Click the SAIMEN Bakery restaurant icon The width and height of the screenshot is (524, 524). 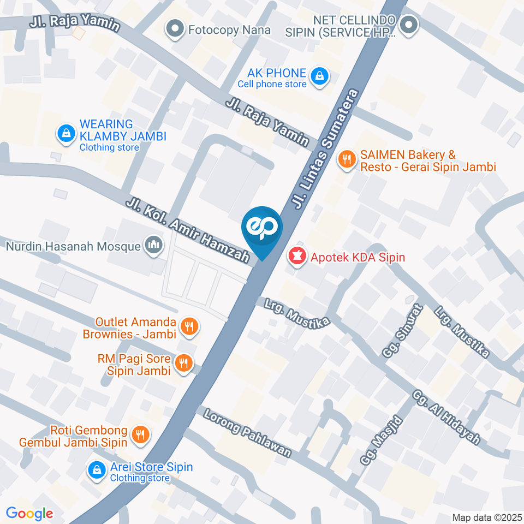coord(346,159)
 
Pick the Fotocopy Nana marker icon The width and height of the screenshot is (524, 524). coord(175,29)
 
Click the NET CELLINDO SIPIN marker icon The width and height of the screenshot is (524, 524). coord(408,25)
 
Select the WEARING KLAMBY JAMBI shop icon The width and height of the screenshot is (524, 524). coord(66,133)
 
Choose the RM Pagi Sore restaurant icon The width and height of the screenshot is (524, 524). coord(183,363)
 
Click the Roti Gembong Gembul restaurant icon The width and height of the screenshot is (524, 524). coord(141,434)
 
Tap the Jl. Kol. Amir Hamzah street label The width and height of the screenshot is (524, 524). coord(188,230)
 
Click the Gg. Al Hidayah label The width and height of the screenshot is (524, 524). coord(446,417)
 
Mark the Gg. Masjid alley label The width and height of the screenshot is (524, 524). coord(381,441)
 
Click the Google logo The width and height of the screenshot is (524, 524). coord(29,513)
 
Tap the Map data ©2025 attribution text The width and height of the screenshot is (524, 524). coord(486,517)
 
